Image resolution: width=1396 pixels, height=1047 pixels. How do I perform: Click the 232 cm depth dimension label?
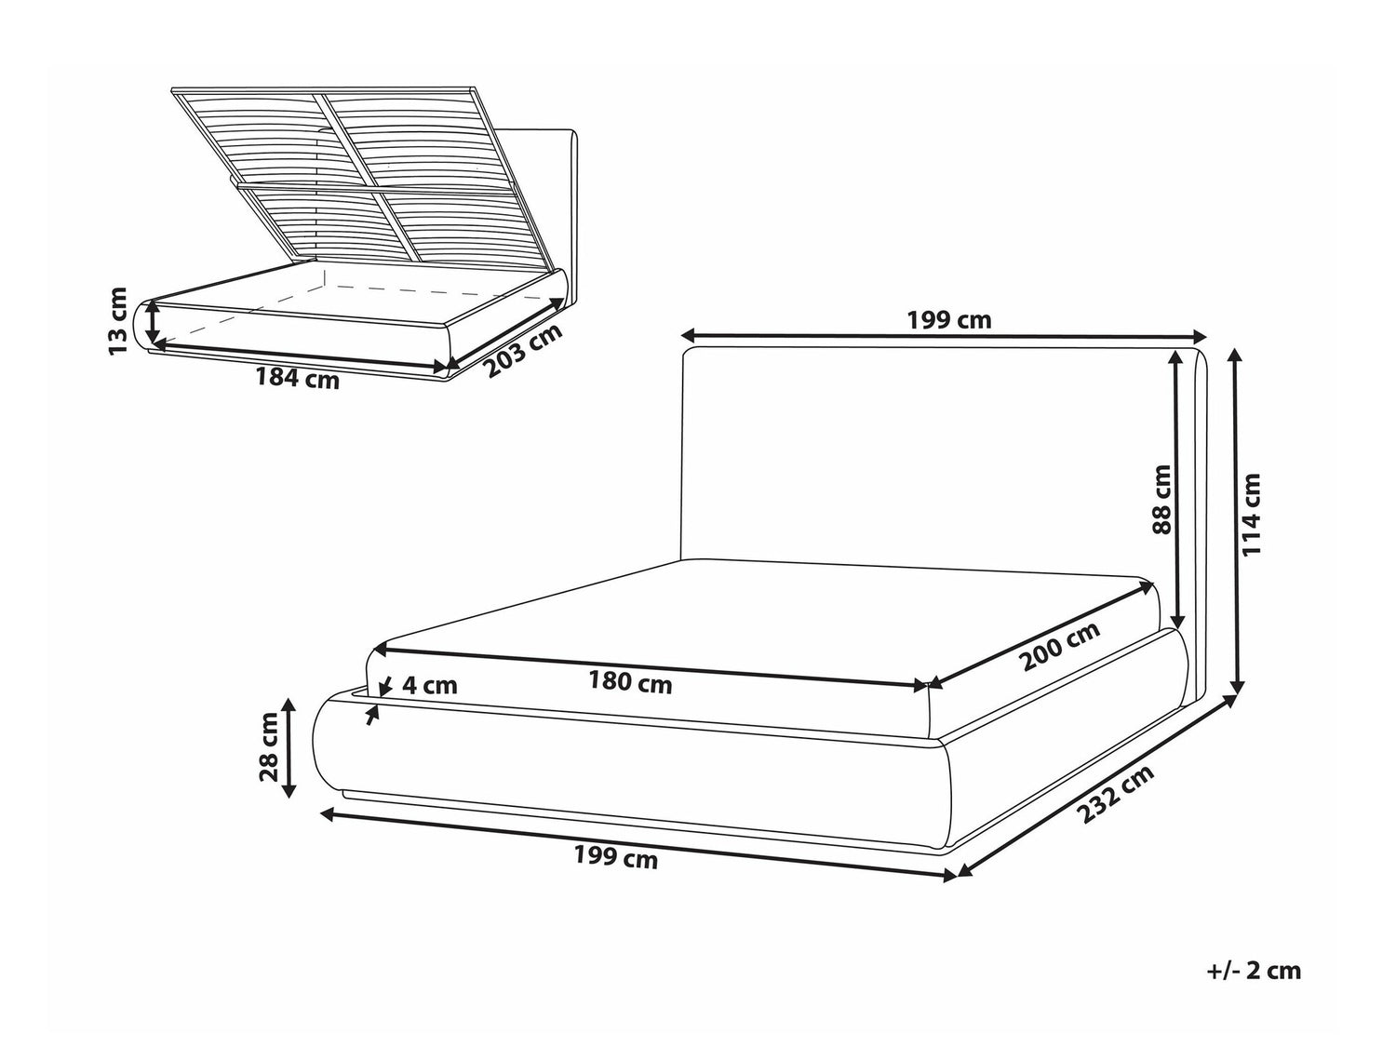[1116, 794]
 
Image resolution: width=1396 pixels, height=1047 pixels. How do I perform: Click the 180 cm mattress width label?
[630, 683]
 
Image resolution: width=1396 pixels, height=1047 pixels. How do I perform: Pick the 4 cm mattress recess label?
[430, 685]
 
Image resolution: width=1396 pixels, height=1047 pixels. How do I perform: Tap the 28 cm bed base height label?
[269, 747]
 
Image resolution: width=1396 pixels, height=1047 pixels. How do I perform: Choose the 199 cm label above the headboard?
[949, 320]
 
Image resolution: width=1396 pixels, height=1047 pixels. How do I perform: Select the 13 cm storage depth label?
[118, 321]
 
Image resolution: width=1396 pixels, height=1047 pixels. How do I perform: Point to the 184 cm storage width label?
[298, 379]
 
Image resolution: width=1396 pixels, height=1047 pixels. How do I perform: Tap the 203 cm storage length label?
[523, 350]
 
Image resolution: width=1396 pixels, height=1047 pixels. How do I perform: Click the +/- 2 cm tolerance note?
[1255, 989]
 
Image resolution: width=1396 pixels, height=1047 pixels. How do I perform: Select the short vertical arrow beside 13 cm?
[153, 322]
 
